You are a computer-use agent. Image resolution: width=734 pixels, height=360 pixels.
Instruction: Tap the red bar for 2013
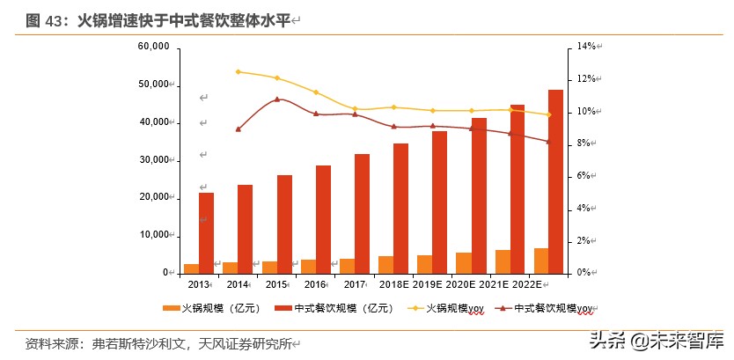click(206, 232)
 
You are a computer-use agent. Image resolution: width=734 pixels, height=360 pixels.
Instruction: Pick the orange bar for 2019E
click(424, 264)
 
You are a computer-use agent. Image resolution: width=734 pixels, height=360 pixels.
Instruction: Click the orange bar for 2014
click(230, 268)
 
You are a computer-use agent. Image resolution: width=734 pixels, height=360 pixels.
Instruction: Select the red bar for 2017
click(362, 213)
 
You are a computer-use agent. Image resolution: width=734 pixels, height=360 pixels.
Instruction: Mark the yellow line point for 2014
click(238, 71)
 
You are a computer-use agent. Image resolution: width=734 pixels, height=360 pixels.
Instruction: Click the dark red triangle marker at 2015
click(277, 99)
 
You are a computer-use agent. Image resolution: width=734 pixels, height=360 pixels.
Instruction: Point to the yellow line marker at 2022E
click(548, 114)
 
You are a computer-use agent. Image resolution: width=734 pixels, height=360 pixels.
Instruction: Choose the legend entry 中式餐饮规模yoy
click(548, 308)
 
